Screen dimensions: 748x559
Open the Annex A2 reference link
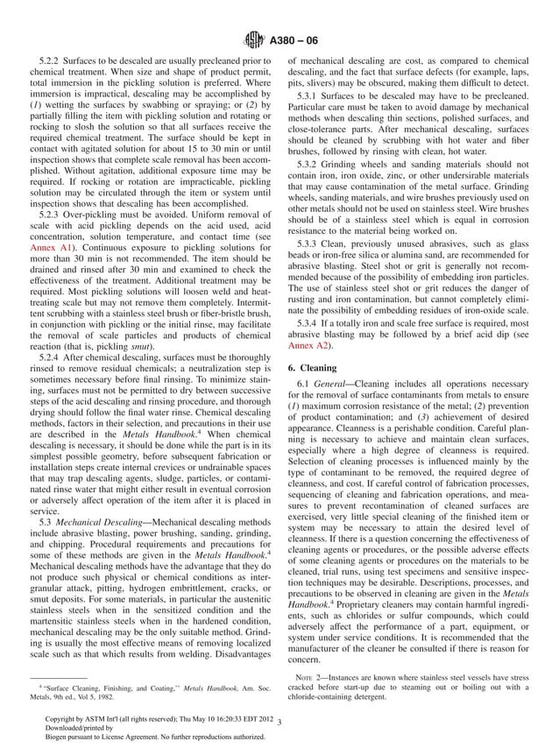(307, 346)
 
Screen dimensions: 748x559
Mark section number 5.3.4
(312, 322)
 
